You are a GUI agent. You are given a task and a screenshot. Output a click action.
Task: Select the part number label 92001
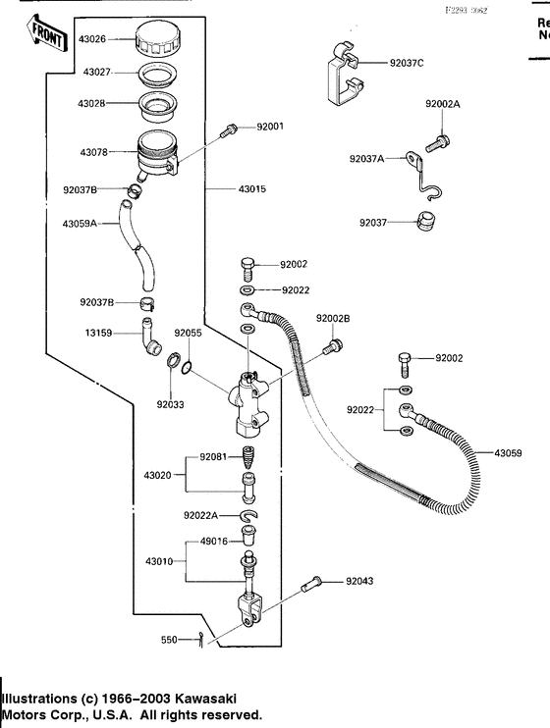(270, 127)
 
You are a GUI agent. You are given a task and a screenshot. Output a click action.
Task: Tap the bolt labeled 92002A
(438, 140)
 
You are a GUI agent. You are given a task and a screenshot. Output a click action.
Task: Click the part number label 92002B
(333, 319)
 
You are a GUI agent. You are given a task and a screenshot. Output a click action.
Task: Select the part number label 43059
(507, 453)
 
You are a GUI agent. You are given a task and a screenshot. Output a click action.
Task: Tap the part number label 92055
(188, 334)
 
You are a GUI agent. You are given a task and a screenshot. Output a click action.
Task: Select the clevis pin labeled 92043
(313, 586)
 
